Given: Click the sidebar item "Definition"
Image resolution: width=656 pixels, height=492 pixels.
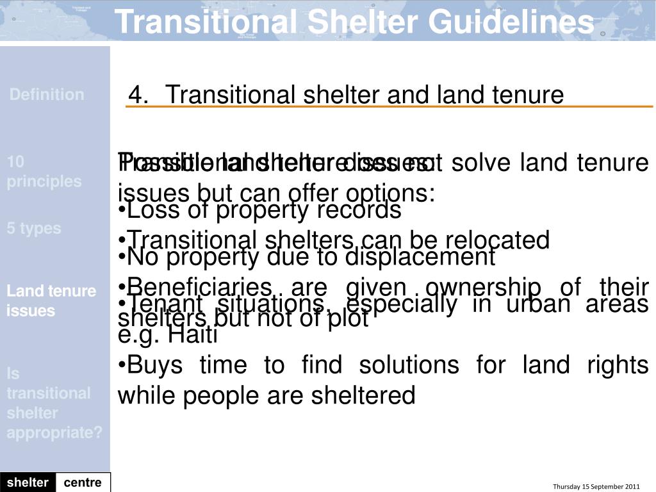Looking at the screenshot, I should point(47,95).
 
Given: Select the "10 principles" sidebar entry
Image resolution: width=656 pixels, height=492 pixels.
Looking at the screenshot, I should point(44,172).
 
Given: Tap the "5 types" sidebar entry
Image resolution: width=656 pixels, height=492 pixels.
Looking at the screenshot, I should point(34,229).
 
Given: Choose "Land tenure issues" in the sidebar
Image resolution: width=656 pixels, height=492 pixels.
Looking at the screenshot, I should point(51,301).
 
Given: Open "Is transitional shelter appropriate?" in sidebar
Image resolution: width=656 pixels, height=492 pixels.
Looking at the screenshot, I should point(54,403).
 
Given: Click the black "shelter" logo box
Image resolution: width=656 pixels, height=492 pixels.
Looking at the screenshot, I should point(28,482).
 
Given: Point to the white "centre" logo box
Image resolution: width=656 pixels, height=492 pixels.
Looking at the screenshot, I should point(83,482).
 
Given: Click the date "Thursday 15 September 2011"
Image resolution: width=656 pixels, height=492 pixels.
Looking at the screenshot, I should point(596,486).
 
